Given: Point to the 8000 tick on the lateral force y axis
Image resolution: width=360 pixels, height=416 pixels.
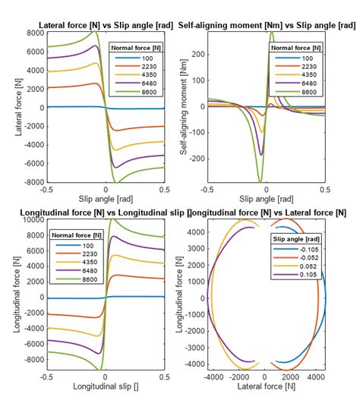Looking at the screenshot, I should point(33,33).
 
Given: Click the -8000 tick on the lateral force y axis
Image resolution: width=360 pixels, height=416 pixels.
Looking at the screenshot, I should point(32,183).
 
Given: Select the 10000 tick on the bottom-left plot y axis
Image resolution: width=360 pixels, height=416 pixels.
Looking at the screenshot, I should point(32,220).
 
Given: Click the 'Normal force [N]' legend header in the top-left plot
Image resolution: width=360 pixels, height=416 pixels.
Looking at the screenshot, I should point(136,48).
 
